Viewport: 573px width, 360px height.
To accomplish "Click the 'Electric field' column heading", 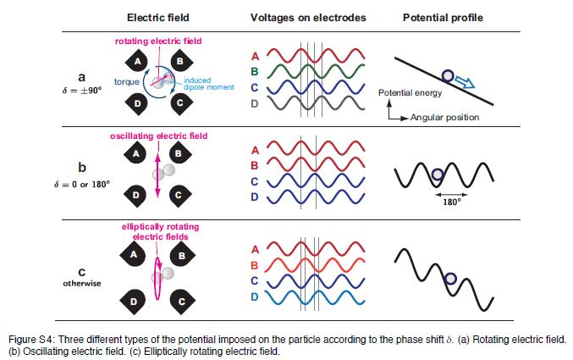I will coord(157,18).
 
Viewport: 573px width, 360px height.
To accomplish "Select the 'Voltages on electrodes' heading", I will coord(297,18).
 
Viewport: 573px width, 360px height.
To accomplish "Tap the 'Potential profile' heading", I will coord(437,18).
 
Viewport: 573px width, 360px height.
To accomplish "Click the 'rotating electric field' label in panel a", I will coord(158,42).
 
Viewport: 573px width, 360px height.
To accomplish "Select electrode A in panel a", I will coord(138,60).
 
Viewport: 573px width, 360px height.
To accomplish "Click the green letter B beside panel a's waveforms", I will coord(256,70).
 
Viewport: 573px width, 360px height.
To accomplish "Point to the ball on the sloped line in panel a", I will coord(448,75).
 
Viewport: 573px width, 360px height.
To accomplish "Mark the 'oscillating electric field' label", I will coord(158,136).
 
